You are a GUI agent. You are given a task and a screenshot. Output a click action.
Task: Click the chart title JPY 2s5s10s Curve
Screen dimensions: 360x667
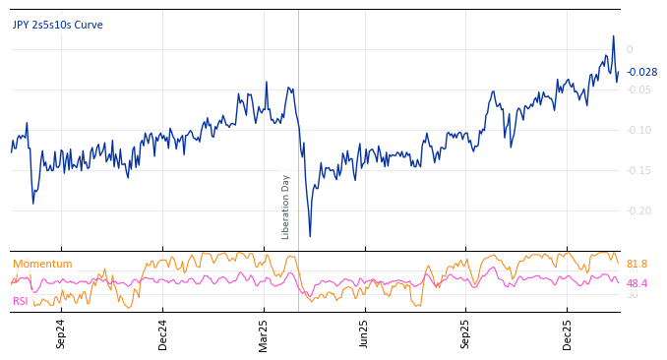pyautogui.click(x=57, y=25)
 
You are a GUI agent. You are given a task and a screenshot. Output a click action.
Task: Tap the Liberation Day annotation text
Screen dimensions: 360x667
pyautogui.click(x=286, y=207)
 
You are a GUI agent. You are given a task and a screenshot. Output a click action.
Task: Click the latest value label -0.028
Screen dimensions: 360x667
pyautogui.click(x=642, y=72)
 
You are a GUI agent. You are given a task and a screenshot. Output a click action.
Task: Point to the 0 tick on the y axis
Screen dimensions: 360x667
pyautogui.click(x=630, y=49)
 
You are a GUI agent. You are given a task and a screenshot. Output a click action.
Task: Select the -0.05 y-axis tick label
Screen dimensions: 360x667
pyautogui.click(x=637, y=90)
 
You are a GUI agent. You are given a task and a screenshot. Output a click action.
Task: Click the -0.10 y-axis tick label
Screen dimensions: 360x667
pyautogui.click(x=637, y=130)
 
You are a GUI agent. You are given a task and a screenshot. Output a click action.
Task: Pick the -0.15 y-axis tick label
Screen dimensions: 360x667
pyautogui.click(x=637, y=170)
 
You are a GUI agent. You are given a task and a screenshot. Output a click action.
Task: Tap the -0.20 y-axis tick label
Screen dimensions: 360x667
pyautogui.click(x=637, y=210)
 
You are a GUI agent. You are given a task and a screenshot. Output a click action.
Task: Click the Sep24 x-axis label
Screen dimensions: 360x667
pyautogui.click(x=61, y=333)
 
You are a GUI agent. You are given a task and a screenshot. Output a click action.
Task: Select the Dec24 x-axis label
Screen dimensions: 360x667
pyautogui.click(x=163, y=333)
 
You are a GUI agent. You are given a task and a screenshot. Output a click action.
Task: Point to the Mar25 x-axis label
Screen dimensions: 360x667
pyautogui.click(x=264, y=333)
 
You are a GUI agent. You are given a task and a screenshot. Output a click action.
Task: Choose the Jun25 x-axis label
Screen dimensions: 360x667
pyautogui.click(x=364, y=333)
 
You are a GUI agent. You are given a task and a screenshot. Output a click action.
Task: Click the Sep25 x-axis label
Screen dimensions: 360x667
pyautogui.click(x=465, y=333)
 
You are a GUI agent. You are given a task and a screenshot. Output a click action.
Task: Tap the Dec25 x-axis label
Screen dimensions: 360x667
pyautogui.click(x=568, y=333)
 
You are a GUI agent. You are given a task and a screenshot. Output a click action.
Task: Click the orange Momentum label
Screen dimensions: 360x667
pyautogui.click(x=42, y=264)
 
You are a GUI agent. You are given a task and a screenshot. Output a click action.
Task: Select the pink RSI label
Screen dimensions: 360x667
pyautogui.click(x=20, y=301)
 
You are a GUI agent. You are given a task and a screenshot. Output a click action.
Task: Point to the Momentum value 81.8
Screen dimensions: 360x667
pyautogui.click(x=637, y=264)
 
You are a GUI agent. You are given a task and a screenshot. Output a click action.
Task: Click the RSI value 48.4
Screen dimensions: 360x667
pyautogui.click(x=637, y=283)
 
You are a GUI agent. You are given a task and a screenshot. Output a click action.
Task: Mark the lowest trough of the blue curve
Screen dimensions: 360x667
pyautogui.click(x=310, y=236)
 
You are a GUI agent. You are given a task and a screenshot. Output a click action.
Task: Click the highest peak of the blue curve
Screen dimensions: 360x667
pyautogui.click(x=614, y=36)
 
